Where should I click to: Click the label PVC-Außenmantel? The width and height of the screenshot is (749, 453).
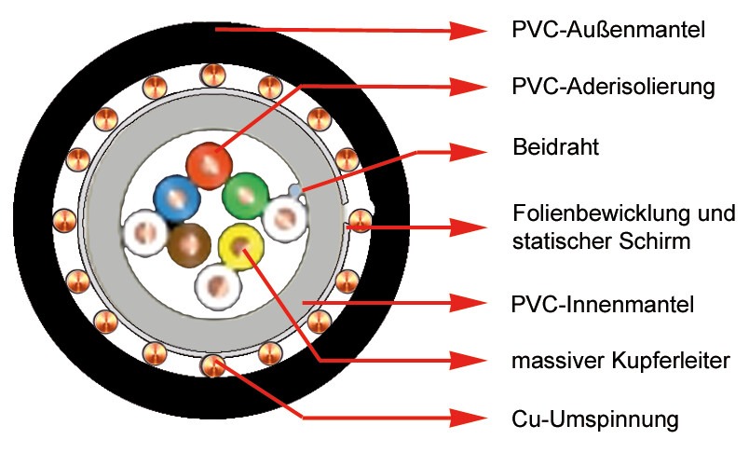pyautogui.click(x=608, y=30)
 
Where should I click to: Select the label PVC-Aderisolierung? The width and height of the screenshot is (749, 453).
pyautogui.click(x=613, y=87)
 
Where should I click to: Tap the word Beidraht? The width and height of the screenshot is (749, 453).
pyautogui.click(x=555, y=146)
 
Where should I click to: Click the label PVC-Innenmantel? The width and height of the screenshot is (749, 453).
pyautogui.click(x=603, y=304)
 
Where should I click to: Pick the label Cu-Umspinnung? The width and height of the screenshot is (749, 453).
pyautogui.click(x=594, y=419)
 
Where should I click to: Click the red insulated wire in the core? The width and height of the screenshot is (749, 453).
pyautogui.click(x=209, y=165)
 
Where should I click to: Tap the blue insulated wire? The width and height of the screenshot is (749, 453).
pyautogui.click(x=176, y=198)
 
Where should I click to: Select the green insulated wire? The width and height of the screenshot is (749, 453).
pyautogui.click(x=245, y=195)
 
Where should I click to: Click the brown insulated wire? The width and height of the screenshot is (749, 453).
pyautogui.click(x=189, y=246)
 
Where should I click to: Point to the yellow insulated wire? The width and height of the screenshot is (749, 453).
pyautogui.click(x=240, y=247)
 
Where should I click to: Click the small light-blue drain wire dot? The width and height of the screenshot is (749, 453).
pyautogui.click(x=295, y=191)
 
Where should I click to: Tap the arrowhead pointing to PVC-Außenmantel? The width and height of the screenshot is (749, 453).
pyautogui.click(x=467, y=31)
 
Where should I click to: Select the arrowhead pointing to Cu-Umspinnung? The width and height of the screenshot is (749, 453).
pyautogui.click(x=467, y=418)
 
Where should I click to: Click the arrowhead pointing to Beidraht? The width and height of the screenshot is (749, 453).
pyautogui.click(x=467, y=152)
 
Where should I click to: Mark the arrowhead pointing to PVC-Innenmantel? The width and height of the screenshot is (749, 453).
pyautogui.click(x=467, y=303)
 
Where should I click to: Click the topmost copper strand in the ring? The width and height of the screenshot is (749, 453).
pyautogui.click(x=213, y=75)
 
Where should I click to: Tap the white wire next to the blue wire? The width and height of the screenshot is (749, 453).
pyautogui.click(x=145, y=233)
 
